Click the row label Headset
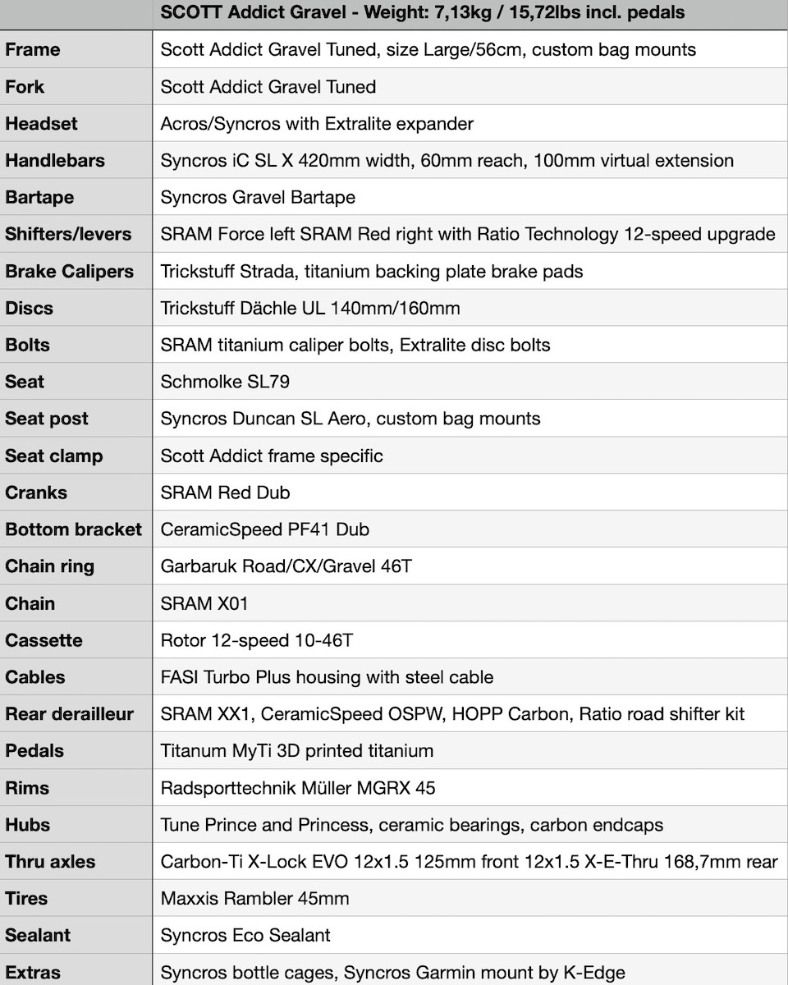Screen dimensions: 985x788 [41, 124]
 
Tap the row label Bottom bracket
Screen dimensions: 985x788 [73, 529]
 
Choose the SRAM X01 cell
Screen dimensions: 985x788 [204, 603]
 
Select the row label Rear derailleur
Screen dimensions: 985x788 [69, 714]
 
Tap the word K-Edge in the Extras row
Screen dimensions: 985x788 [597, 973]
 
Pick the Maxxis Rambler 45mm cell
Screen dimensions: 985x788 [254, 899]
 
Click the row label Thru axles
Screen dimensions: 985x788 [50, 862]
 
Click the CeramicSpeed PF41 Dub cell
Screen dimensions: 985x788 [264, 529]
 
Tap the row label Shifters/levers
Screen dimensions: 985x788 [68, 234]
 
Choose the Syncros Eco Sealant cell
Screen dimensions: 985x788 [245, 936]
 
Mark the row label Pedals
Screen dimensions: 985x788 [34, 751]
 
